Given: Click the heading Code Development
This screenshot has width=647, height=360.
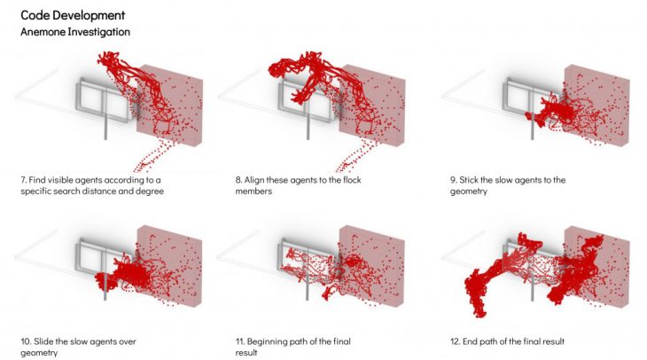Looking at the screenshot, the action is point(73,16).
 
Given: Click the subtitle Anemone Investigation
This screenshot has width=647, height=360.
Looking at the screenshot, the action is point(75,32).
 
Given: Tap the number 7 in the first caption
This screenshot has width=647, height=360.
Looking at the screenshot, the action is point(24,180).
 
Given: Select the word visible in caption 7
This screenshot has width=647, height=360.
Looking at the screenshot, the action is point(60,180).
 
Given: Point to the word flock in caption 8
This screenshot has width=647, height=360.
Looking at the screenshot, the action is point(352,180).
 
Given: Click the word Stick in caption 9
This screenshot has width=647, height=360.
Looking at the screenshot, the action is point(468,180).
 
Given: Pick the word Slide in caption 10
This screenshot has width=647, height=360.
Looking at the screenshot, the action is point(43,341).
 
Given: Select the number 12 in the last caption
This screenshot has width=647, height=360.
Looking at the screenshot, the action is point(455,341).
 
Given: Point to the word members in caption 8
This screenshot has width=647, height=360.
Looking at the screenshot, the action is point(253,192).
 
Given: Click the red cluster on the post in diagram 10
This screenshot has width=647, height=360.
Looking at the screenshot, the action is point(101,281).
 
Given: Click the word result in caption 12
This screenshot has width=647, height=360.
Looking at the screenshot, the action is point(553,341).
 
